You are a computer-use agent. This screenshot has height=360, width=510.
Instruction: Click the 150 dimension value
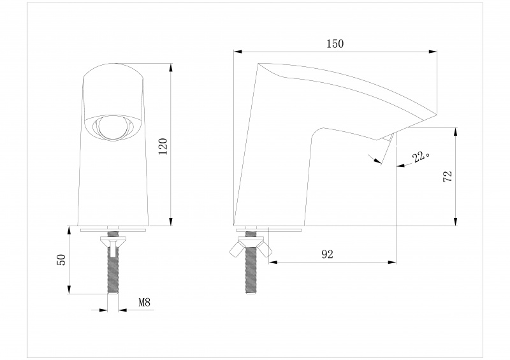[335, 44]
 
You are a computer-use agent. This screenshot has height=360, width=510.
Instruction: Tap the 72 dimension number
[447, 177]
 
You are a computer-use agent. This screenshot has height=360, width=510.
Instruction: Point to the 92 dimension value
[328, 254]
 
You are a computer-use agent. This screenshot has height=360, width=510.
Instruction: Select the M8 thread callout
[145, 303]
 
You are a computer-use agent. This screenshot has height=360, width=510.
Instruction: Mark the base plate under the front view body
[113, 228]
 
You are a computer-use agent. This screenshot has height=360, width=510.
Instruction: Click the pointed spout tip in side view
[435, 115]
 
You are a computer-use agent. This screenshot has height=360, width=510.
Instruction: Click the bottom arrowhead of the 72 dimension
[456, 222]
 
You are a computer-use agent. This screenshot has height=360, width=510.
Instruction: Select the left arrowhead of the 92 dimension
[273, 261]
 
